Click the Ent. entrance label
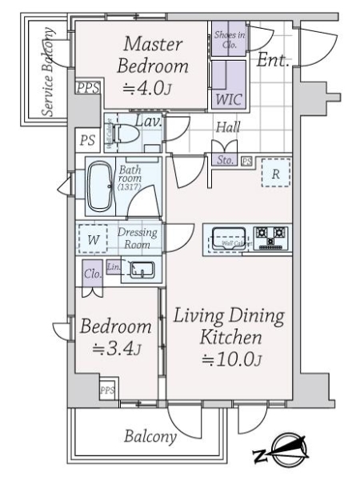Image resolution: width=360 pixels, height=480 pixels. (x=274, y=58)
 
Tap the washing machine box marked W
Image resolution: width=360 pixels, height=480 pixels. (x=94, y=239)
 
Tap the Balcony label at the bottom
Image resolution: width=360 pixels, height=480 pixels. (x=150, y=437)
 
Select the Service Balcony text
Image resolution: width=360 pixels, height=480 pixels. (x=49, y=73)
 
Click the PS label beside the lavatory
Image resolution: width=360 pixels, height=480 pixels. (x=86, y=139)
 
